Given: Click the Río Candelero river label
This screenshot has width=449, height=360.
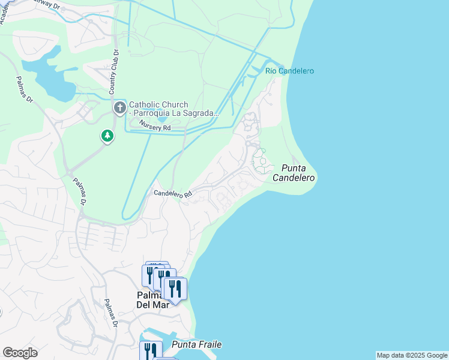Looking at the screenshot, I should click(x=289, y=71).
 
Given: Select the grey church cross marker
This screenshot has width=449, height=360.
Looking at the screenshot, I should click(x=119, y=108).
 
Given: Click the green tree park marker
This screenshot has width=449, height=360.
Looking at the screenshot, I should click(x=107, y=136).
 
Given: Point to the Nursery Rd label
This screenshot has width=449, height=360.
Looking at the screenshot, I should click(x=155, y=126).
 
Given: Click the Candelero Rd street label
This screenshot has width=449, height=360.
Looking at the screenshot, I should click(x=172, y=194).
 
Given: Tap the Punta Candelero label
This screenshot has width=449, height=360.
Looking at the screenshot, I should click(x=294, y=173).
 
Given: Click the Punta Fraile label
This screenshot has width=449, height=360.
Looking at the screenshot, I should click(x=196, y=344).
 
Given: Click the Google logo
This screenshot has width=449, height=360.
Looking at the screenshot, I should click(x=20, y=353).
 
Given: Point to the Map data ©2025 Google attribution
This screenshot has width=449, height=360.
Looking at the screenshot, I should click(x=412, y=355).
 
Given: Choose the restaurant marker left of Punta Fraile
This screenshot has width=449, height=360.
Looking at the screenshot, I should click(x=150, y=350).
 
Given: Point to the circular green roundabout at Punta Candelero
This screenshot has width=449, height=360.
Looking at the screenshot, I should click(x=262, y=161).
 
